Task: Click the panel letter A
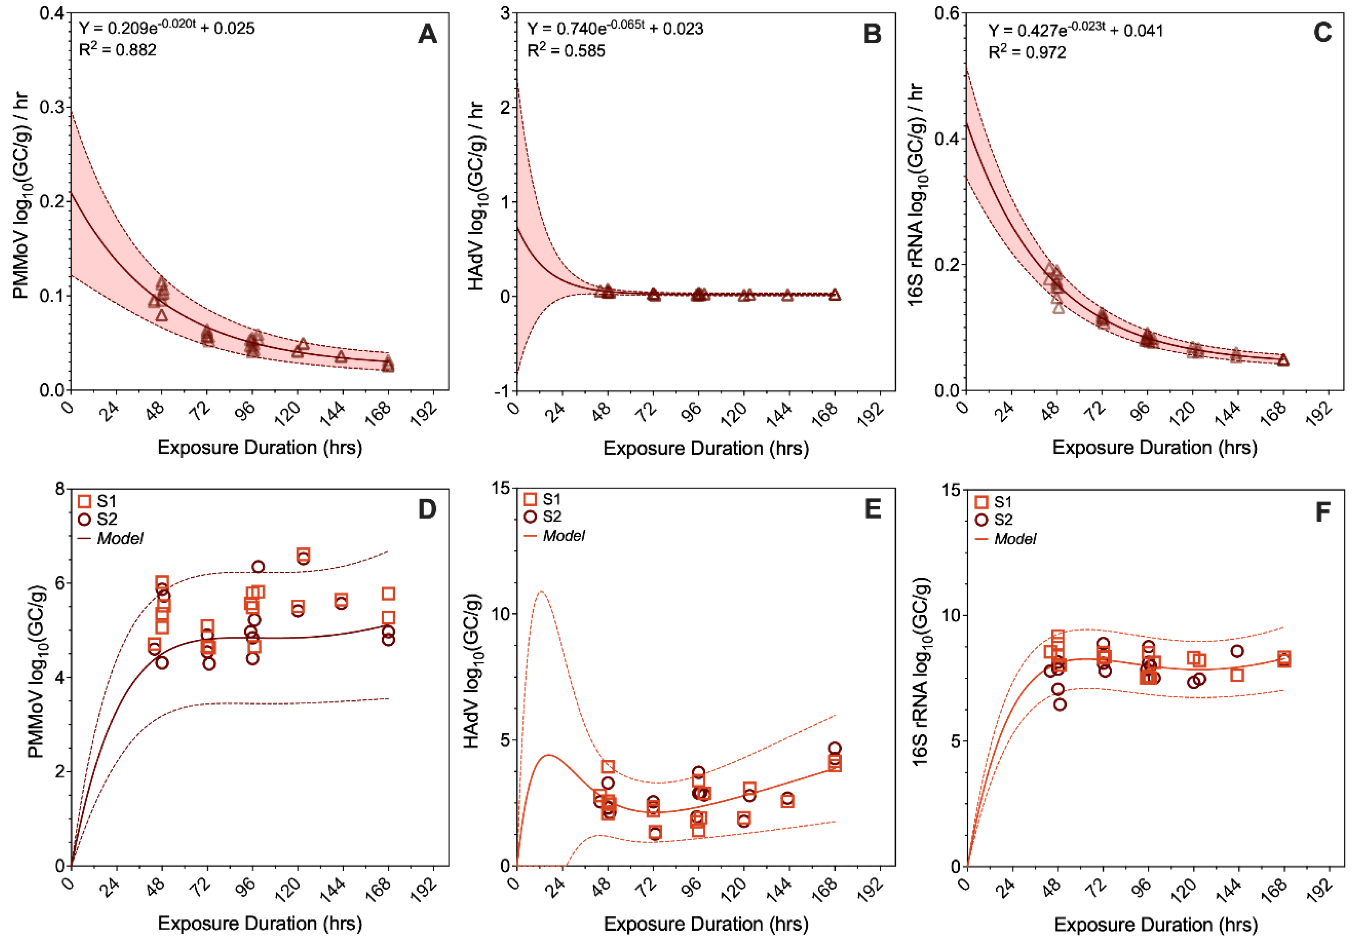[x=427, y=34]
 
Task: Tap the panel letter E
[x=873, y=509]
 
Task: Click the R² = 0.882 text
[x=118, y=50]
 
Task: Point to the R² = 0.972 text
[x=1027, y=52]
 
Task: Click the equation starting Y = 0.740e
[x=615, y=28]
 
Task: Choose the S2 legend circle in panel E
[x=530, y=516]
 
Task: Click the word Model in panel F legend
[x=1015, y=539]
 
